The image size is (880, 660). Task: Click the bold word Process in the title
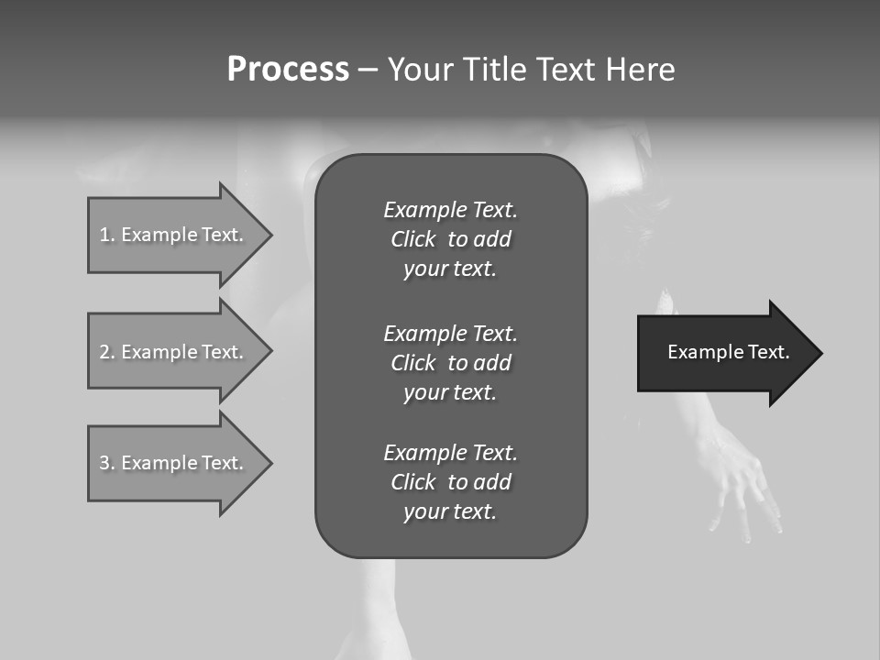[x=288, y=70]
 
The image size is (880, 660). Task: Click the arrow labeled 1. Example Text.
[x=174, y=235]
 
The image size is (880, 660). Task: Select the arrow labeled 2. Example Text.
[x=174, y=352]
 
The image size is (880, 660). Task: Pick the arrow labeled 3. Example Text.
[x=174, y=463]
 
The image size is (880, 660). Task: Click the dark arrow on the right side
[x=724, y=353]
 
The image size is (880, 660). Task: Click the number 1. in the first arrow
[x=107, y=235]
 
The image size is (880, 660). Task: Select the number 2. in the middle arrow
[x=107, y=352]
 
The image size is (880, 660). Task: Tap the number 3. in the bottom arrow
[x=107, y=463]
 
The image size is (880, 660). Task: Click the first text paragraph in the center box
[x=450, y=239]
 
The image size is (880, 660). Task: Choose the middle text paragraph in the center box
[x=450, y=362]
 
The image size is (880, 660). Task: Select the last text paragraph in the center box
[x=450, y=482]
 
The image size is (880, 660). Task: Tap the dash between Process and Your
[x=368, y=70]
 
